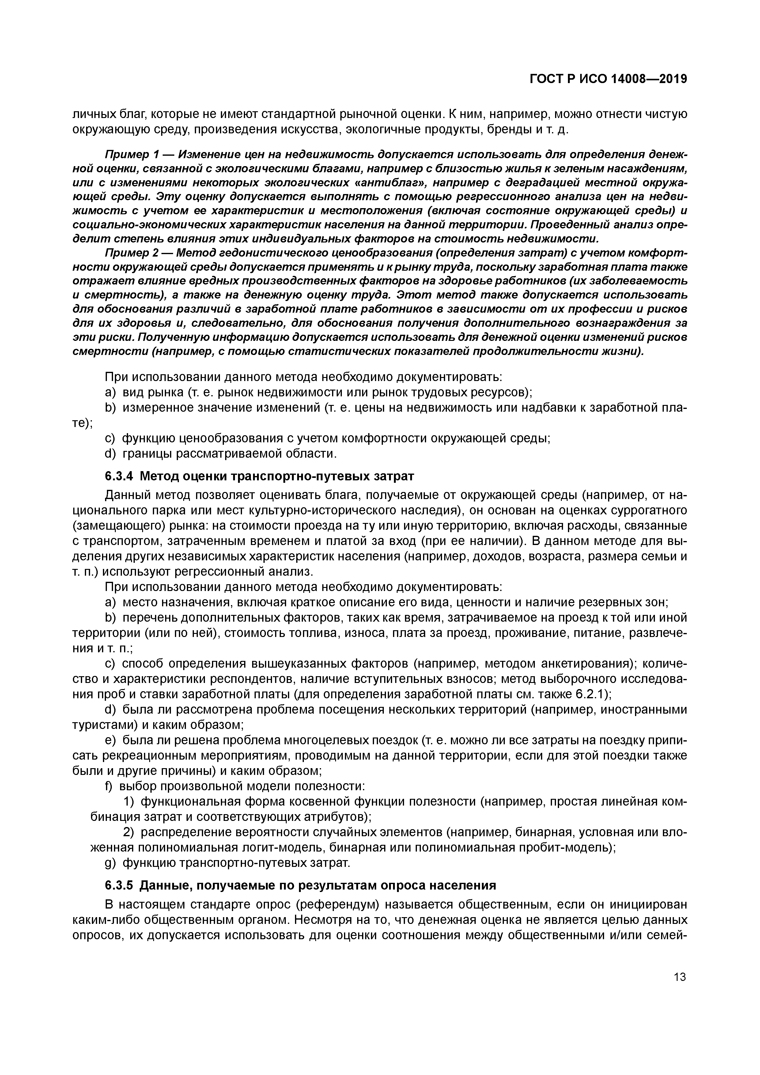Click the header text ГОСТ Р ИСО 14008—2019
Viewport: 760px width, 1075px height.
point(608,79)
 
